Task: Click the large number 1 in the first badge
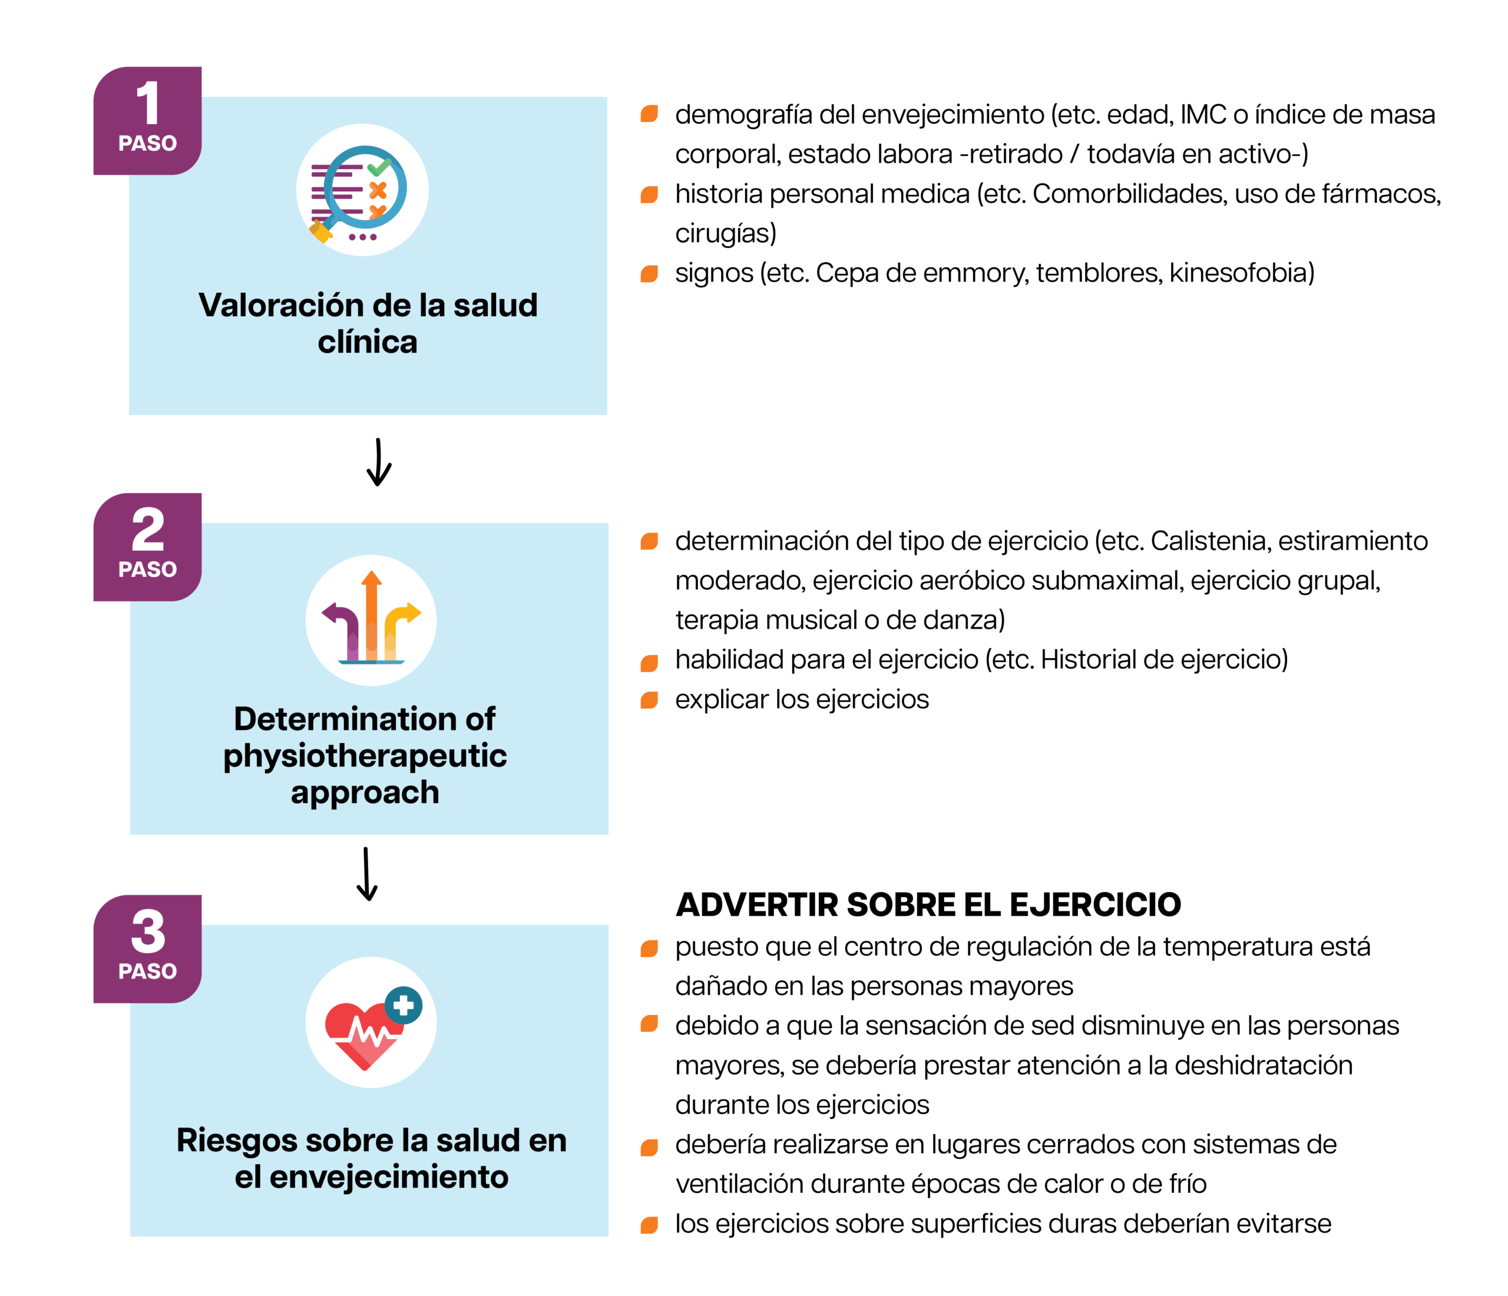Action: tap(148, 103)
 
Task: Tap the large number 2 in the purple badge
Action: tap(148, 530)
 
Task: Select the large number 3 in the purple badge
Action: tap(148, 931)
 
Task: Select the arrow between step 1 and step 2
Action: tap(378, 463)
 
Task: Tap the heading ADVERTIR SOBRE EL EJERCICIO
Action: tap(928, 904)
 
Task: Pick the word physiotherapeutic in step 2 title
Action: tap(365, 756)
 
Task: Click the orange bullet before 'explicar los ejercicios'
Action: tap(649, 700)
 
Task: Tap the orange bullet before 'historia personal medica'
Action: tap(649, 194)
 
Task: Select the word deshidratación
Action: tap(1263, 1065)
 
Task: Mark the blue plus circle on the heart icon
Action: tap(403, 1005)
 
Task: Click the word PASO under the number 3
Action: tap(148, 971)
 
